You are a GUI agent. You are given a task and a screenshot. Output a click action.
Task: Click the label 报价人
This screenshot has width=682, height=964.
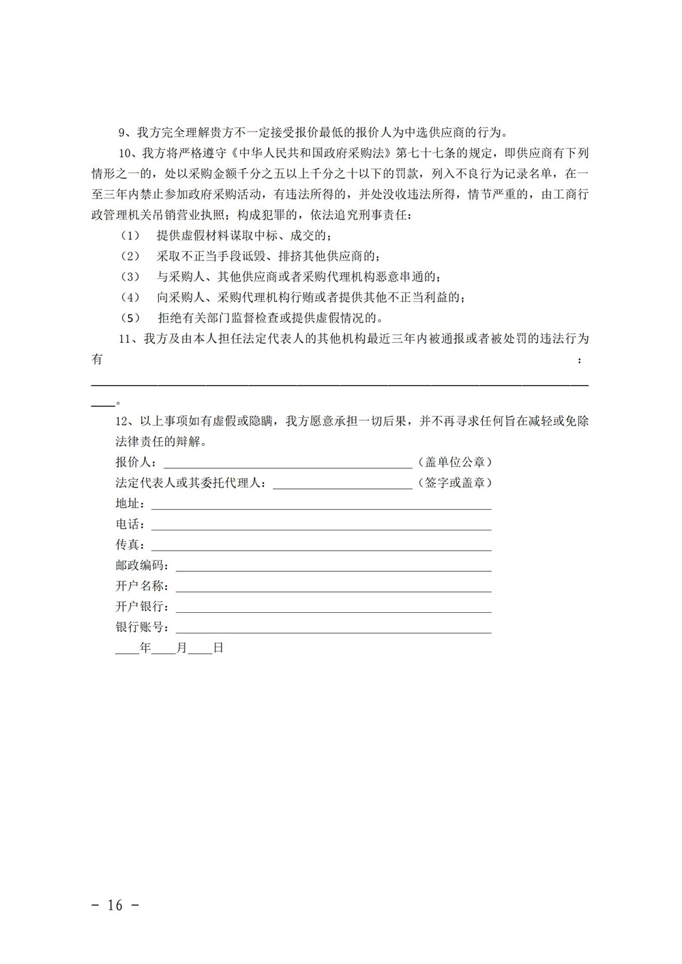(134, 462)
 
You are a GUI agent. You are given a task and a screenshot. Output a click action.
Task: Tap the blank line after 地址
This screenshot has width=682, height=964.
(321, 505)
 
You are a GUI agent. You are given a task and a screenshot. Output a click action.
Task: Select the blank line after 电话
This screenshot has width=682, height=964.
(321, 526)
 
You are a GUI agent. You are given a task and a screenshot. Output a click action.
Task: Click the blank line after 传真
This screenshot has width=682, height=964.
(321, 546)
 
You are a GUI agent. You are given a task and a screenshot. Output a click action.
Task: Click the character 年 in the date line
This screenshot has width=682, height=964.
(145, 648)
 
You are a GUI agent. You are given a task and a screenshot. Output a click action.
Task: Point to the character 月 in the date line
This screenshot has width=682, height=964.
(181, 648)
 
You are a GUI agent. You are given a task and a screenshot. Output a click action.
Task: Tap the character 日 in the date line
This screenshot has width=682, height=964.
(218, 648)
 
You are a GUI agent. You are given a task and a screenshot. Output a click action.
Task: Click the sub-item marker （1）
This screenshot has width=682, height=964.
(130, 236)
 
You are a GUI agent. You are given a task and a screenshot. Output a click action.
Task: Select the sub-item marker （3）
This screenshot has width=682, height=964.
(130, 277)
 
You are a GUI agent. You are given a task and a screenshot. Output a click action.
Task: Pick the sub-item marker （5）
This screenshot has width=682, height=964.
(130, 318)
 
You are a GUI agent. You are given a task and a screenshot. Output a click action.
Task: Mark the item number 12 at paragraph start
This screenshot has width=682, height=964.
(123, 421)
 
